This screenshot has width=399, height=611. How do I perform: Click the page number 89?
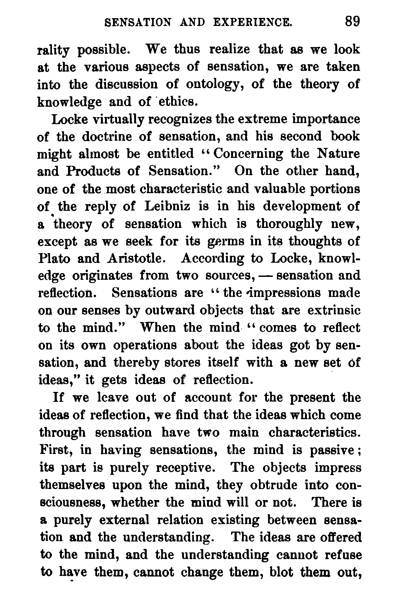pyautogui.click(x=352, y=22)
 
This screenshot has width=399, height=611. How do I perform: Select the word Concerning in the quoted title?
pyautogui.click(x=248, y=154)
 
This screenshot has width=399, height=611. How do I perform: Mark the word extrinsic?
pyautogui.click(x=334, y=311)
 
